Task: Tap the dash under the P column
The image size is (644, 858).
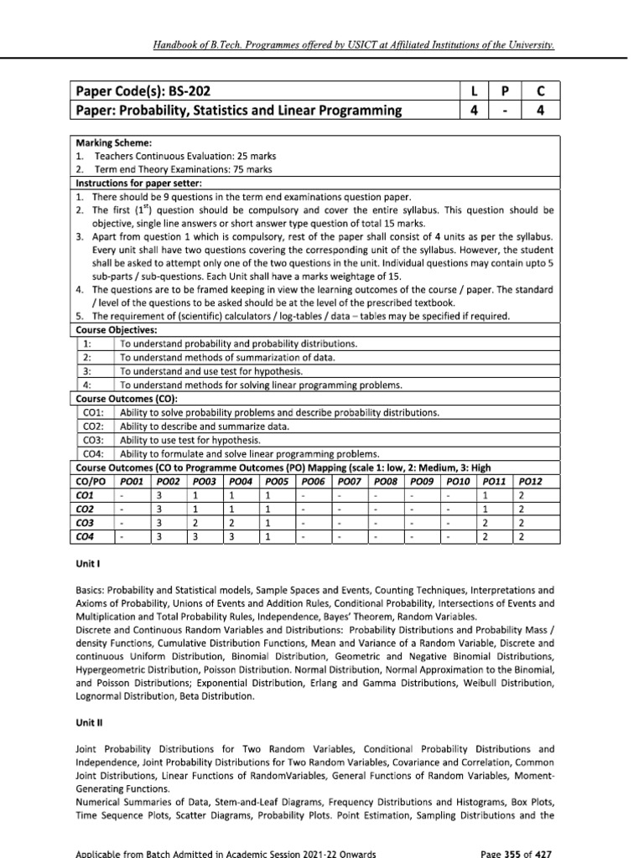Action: coord(502,110)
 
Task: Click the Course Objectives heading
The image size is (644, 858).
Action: coord(112,330)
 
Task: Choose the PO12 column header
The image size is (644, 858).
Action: coord(531,481)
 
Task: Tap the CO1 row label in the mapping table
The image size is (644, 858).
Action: coord(85,494)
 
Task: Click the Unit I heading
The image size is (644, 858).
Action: coord(86,566)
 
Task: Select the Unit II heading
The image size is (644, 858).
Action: coord(88,719)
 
